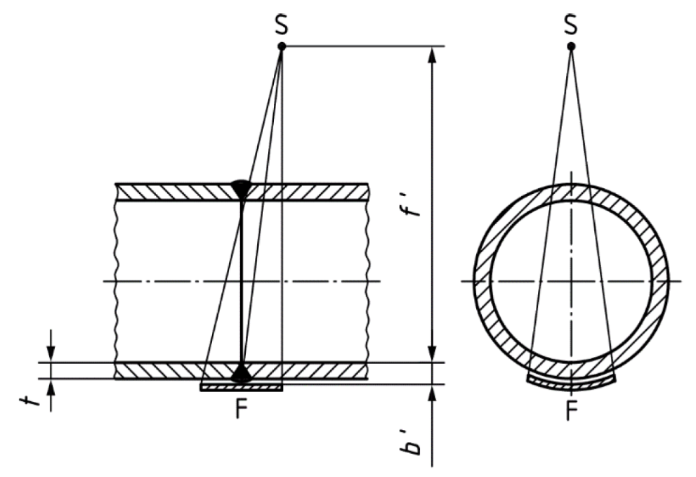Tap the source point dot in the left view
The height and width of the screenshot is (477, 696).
pyautogui.click(x=282, y=46)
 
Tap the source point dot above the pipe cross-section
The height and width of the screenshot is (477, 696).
pyautogui.click(x=571, y=46)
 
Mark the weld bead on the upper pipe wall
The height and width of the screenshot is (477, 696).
pyautogui.click(x=242, y=188)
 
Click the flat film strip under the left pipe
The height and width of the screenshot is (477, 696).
pyautogui.click(x=242, y=387)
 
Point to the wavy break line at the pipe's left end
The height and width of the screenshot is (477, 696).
pyautogui.click(x=116, y=281)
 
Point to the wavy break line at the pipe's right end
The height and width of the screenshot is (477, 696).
pyautogui.click(x=367, y=281)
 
